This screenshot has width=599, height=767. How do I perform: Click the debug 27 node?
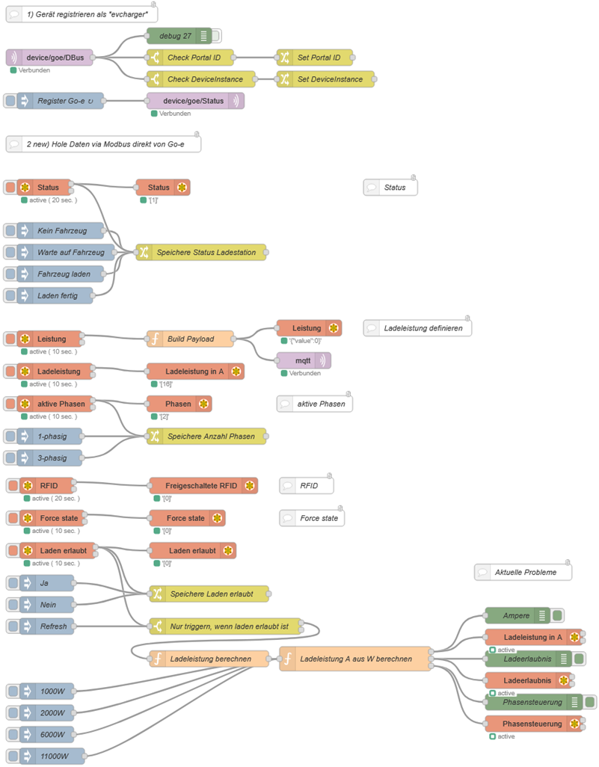[179, 36]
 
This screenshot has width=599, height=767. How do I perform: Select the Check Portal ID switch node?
[190, 58]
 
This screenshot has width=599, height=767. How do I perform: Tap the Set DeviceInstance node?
[325, 79]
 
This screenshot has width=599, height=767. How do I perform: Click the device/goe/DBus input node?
[49, 58]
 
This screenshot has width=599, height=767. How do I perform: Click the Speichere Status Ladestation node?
[201, 253]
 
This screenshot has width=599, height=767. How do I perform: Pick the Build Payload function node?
[190, 339]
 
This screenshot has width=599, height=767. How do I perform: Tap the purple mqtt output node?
[304, 360]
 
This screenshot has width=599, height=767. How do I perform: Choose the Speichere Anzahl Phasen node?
[206, 437]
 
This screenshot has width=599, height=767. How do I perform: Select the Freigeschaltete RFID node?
[203, 486]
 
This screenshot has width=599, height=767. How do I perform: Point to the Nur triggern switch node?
[226, 626]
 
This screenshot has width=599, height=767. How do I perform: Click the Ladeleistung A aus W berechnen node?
[355, 659]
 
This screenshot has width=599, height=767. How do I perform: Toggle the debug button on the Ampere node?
[557, 615]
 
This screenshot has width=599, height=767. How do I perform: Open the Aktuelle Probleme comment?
[523, 573]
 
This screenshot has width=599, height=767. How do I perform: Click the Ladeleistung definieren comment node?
[417, 328]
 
